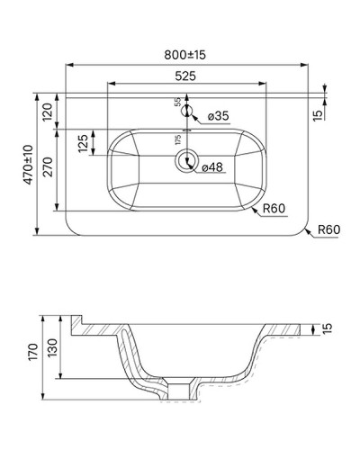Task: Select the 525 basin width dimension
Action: click(187, 76)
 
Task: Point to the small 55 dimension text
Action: click(177, 103)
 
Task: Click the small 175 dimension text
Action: click(179, 139)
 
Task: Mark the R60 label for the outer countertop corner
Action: click(328, 231)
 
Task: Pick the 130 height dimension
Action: click(56, 346)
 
